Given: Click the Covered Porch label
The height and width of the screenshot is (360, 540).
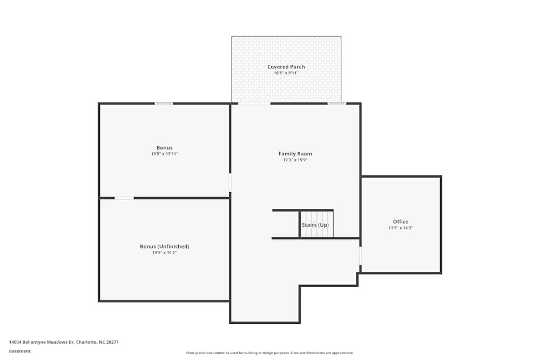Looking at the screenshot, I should [286, 67].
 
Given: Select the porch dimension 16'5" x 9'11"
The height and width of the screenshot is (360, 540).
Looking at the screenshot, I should [286, 73].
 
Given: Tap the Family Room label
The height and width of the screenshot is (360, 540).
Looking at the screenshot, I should [295, 154].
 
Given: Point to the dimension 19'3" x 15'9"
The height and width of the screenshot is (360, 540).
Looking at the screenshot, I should [295, 160].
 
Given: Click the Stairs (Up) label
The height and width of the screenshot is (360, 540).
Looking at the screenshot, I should [315, 225].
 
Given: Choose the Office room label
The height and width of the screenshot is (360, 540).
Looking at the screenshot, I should [401, 222].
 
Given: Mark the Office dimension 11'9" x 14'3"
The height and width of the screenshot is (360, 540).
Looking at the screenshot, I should [401, 228].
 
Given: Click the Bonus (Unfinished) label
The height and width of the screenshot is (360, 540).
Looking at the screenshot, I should [164, 247].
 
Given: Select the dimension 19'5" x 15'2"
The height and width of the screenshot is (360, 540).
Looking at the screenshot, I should [164, 253].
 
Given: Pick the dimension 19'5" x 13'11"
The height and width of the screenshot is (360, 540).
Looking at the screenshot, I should [164, 154].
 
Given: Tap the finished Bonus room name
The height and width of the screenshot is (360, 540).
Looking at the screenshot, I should [164, 148].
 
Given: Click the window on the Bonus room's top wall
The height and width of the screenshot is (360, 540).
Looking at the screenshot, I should [164, 104].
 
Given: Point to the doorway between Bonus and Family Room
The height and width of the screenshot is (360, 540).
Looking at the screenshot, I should [230, 182].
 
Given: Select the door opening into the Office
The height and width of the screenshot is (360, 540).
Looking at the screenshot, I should [360, 256].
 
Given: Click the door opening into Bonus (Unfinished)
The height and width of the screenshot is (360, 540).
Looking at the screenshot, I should [124, 198].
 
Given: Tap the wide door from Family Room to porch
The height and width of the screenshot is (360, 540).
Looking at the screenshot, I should [254, 103].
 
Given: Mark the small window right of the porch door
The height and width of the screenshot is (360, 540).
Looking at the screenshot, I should [336, 104].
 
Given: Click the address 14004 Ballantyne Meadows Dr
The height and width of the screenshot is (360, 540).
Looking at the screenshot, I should [64, 342].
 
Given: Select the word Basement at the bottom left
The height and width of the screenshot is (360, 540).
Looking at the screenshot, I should [20, 351].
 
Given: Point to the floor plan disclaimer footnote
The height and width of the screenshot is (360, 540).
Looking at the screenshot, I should [270, 353].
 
